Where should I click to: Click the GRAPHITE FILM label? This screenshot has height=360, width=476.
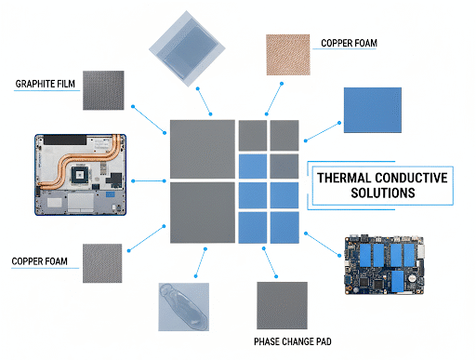[46, 84]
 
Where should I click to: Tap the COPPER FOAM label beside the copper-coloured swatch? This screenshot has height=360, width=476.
[349, 43]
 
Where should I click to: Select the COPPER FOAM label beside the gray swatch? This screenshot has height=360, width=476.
[39, 261]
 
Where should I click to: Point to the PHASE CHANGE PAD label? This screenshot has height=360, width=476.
[293, 341]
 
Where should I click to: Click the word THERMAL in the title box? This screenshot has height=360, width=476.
[344, 178]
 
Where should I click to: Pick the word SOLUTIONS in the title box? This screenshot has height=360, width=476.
[383, 193]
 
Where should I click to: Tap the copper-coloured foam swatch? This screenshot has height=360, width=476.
[288, 55]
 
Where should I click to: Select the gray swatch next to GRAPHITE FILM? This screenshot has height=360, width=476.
[103, 90]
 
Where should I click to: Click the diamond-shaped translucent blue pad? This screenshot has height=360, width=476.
[187, 48]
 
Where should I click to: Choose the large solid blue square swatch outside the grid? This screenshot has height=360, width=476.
[373, 110]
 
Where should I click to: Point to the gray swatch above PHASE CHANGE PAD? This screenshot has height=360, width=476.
[282, 305]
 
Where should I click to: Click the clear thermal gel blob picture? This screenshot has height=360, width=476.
[183, 307]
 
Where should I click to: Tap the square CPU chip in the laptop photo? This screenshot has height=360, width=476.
[80, 175]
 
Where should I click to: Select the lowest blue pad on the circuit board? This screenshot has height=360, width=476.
[398, 281]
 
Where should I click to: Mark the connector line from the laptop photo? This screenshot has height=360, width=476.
[149, 180]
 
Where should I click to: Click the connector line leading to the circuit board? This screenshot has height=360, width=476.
[323, 245]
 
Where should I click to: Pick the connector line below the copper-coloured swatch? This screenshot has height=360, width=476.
[274, 99]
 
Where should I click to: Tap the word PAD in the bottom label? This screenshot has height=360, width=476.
[324, 341]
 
